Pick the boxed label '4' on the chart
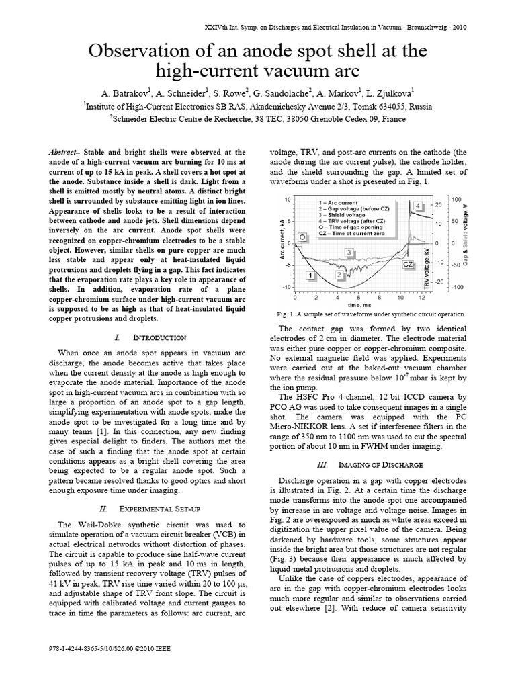(418, 206)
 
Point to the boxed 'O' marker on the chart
(302, 237)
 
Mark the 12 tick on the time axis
(421, 296)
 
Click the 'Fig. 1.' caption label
(286, 314)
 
